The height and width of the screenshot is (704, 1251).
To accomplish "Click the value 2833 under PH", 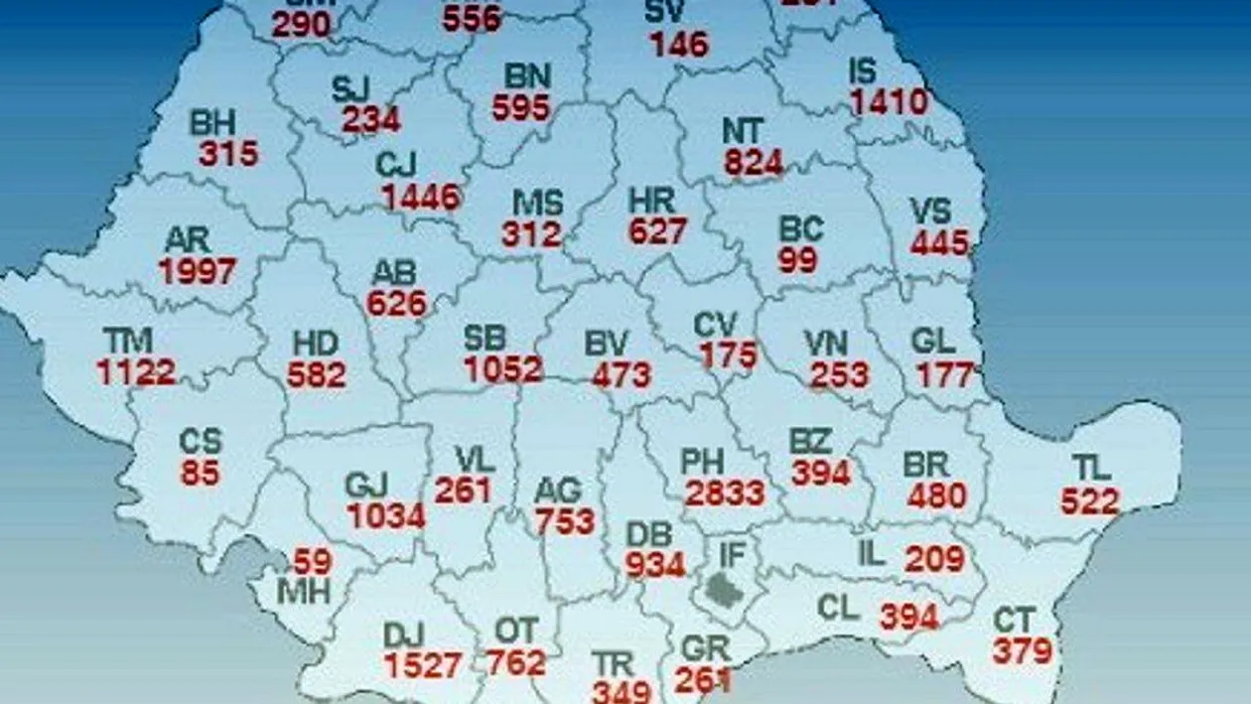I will click(725, 493).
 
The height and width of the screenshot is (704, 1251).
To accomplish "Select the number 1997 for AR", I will click(198, 271).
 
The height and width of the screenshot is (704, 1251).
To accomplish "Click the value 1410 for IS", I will click(889, 101).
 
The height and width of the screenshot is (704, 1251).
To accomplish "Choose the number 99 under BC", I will click(798, 260).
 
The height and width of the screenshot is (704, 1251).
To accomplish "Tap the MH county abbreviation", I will click(304, 592).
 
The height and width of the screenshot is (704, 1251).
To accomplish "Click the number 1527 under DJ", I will click(423, 665).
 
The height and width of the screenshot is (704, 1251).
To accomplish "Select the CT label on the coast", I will click(1015, 621).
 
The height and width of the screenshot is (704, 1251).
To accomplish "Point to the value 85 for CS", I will click(200, 473).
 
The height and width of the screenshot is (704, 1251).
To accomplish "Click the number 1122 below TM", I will click(136, 372).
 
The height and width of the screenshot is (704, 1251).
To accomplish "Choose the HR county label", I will click(652, 201).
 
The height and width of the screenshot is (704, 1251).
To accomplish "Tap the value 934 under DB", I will click(655, 565).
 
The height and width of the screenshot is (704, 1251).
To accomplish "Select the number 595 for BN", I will click(521, 107).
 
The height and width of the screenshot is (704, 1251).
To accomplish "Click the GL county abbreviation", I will click(933, 342).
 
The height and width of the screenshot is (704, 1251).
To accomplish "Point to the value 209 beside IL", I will click(934, 559).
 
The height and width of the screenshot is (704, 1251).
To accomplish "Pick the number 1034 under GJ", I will click(386, 516).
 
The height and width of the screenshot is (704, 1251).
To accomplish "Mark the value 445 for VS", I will click(939, 241).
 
